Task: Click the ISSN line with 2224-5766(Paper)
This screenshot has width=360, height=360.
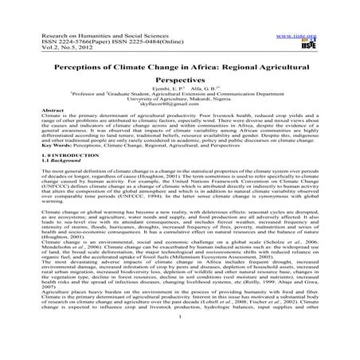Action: (88, 44)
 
